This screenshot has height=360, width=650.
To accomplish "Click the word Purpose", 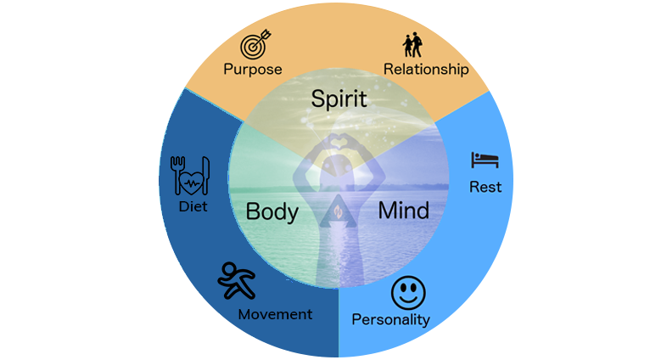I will tap(252, 69).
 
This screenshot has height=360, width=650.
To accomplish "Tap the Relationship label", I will tap(426, 70).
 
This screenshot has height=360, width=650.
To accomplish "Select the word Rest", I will tap(485, 187).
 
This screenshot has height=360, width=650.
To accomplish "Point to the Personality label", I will tap(391, 320).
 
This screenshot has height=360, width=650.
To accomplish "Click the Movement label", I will tap(275, 314).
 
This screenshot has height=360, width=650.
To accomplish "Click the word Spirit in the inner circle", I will tap(339, 98).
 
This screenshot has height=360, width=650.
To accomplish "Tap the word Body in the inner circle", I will tap(271, 211).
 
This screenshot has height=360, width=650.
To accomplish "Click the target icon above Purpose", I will tap(254, 43).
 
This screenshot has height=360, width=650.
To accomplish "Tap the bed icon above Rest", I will tap(485, 159).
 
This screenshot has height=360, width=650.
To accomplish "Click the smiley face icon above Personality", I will tap(408, 293).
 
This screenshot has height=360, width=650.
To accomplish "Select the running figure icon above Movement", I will tap(237, 279).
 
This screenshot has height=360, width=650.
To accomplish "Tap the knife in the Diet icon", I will tap(205, 173).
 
